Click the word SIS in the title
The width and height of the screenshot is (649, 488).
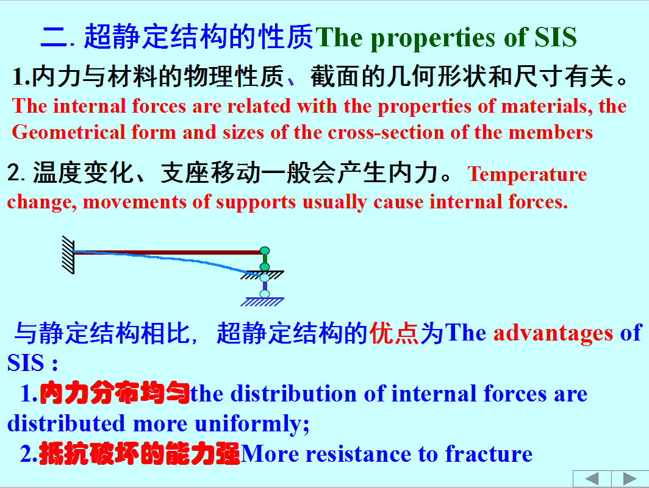point(556,37)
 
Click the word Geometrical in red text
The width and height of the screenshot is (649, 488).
point(68,133)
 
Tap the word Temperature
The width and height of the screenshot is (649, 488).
point(527,174)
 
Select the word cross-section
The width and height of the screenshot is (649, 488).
point(385,133)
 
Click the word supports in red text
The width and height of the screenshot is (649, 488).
point(256,203)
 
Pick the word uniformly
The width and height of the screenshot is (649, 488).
point(252,424)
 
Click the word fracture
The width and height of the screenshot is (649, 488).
point(489,454)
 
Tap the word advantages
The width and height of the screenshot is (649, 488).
point(553,333)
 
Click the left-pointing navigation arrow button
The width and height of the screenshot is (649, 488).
point(592,479)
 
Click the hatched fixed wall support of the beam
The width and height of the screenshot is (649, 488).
point(68,255)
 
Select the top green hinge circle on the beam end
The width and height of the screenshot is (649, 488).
point(265,250)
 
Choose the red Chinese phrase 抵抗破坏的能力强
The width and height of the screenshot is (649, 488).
point(140,454)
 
